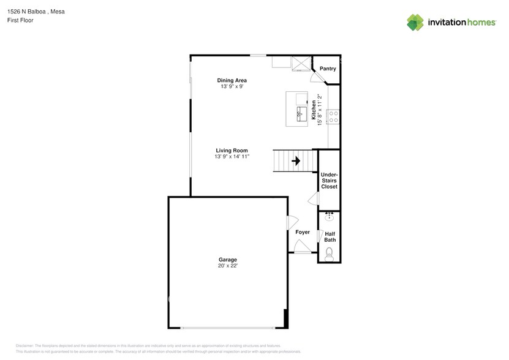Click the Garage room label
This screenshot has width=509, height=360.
click(x=228, y=260)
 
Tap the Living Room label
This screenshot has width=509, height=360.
click(x=232, y=151)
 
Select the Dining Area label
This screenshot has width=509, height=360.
click(x=232, y=80)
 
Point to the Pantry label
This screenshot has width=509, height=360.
click(x=328, y=69)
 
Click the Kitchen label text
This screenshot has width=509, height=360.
click(x=314, y=110)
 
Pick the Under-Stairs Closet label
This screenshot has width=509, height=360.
click(x=329, y=181)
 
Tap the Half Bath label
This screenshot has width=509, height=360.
click(x=330, y=237)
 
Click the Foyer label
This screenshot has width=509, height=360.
click(x=303, y=232)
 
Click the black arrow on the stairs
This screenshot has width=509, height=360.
click(x=296, y=160)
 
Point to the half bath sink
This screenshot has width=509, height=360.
click(x=329, y=217)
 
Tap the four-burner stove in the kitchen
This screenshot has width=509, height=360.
click(x=333, y=117)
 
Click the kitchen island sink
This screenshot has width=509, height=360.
click(x=301, y=114)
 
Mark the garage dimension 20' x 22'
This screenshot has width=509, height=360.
click(x=228, y=266)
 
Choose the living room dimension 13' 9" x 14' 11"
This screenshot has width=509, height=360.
click(x=232, y=157)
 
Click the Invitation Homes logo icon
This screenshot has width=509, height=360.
click(x=415, y=23)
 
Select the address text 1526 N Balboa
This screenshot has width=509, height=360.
click(x=26, y=12)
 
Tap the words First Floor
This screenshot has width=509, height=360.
click(x=20, y=20)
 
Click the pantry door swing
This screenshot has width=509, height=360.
click(x=317, y=78)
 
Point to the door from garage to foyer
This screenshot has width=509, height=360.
click(x=292, y=223)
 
